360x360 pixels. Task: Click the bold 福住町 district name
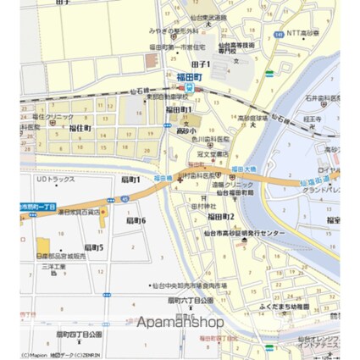click(x=80, y=128)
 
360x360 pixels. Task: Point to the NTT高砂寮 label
click(x=302, y=32)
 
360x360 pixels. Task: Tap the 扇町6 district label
click(x=136, y=220)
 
